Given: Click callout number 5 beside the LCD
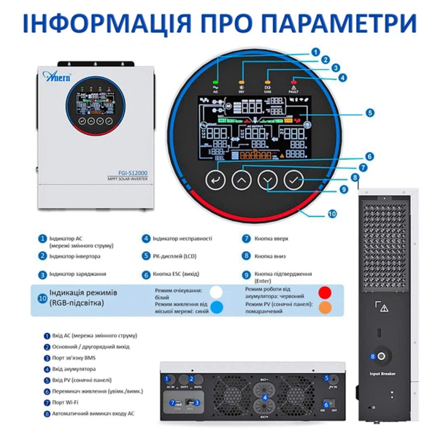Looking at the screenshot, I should pos(369,113).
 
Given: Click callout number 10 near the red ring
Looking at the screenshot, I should pos(333,214).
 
